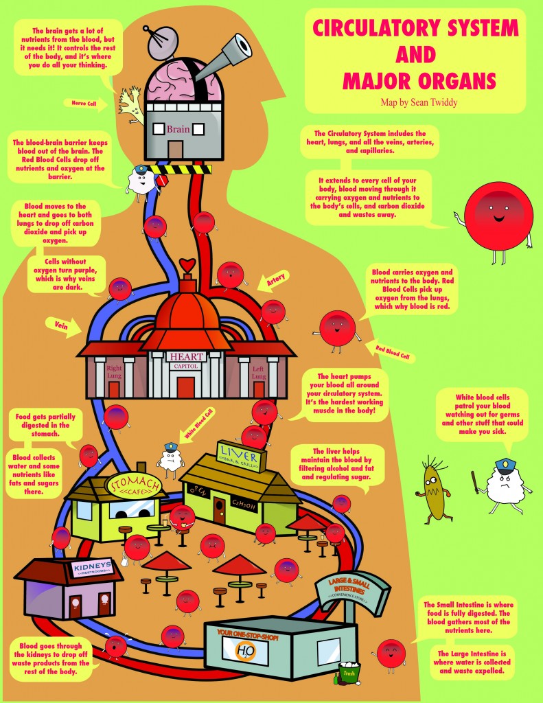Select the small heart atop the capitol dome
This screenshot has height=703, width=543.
click(x=187, y=265)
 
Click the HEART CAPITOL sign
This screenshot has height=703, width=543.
click(x=185, y=360)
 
